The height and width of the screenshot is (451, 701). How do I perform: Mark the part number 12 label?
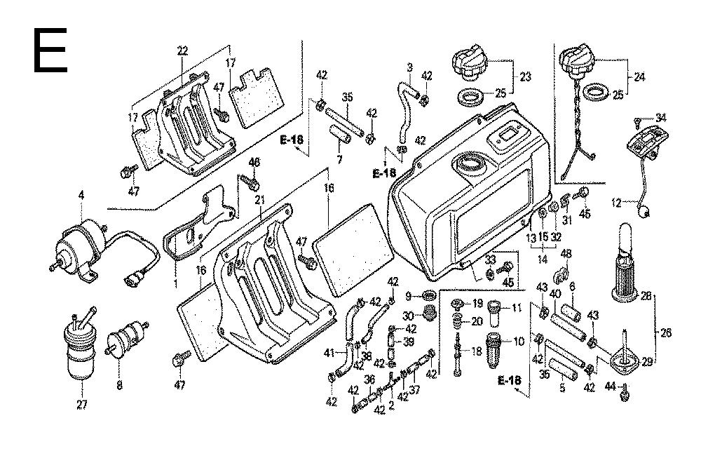click(x=615, y=203)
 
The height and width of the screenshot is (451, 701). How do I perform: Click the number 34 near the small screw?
click(x=661, y=117)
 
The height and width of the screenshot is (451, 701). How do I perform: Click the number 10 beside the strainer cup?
click(x=519, y=342)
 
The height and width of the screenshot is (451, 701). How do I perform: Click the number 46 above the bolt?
click(x=254, y=163)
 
